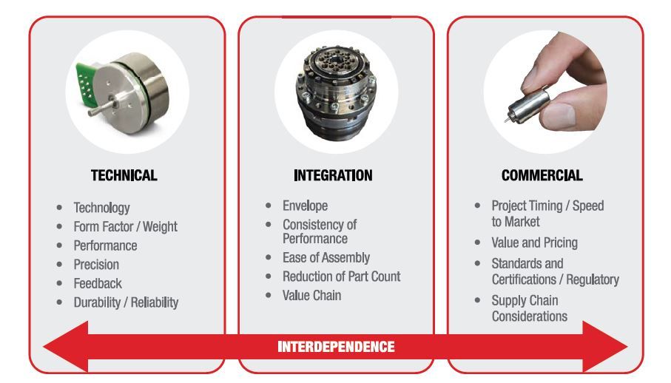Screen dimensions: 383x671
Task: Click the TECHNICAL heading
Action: pyautogui.click(x=124, y=176)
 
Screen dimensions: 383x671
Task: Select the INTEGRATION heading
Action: pyautogui.click(x=333, y=176)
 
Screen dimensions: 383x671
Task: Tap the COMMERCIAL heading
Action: pyautogui.click(x=542, y=176)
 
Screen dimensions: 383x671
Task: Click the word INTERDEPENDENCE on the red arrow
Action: pyautogui.click(x=336, y=347)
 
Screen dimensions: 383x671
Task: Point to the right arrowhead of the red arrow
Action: pyautogui.click(x=607, y=347)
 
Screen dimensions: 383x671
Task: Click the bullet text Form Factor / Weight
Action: pyautogui.click(x=125, y=226)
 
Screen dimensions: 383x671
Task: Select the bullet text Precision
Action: pyautogui.click(x=96, y=264)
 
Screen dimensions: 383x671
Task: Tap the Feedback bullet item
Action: pyautogui.click(x=98, y=283)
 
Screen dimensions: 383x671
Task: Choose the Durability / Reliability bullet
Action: pyautogui.click(x=126, y=302)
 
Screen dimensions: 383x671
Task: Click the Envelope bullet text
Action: pyautogui.click(x=305, y=205)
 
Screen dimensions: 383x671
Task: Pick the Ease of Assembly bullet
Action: pyautogui.click(x=326, y=257)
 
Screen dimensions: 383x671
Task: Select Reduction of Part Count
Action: pyautogui.click(x=341, y=277)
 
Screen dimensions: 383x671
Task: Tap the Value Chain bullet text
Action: pyautogui.click(x=311, y=296)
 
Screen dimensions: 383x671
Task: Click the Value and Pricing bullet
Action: pyautogui.click(x=534, y=243)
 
